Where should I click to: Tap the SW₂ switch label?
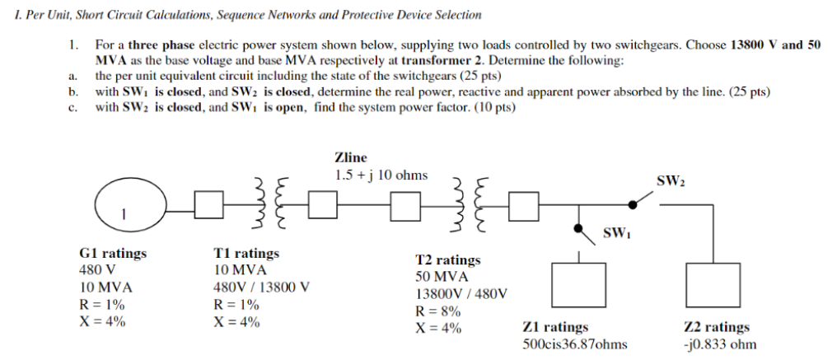coord(671,181)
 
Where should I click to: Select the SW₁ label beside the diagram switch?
coord(617,233)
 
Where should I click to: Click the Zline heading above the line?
coord(351,157)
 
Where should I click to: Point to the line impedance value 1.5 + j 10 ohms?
coord(381,175)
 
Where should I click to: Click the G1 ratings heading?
coord(113,253)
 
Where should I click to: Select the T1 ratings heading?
coord(246,253)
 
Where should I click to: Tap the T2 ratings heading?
coord(448,260)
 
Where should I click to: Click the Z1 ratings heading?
coord(555,327)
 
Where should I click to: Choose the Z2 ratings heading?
coord(717,327)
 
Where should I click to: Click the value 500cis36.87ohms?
coord(575,344)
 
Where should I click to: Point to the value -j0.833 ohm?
coord(720,344)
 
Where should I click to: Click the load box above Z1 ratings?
coord(578,285)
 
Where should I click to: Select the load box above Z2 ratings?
coord(713,285)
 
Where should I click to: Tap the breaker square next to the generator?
coord(208,204)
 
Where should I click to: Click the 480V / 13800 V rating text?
coord(262,288)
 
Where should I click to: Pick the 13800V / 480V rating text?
coord(461,294)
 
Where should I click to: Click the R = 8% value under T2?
coord(437,311)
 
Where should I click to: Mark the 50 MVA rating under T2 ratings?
coord(442,278)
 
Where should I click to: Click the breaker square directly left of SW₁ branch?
coord(524,206)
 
